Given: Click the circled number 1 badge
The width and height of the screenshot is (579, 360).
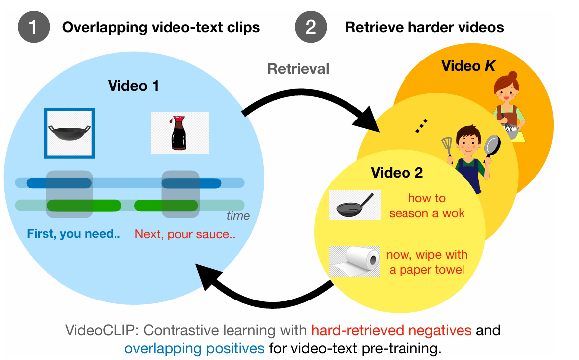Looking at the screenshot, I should (x=33, y=27).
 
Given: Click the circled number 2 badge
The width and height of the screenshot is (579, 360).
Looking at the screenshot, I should (x=311, y=27).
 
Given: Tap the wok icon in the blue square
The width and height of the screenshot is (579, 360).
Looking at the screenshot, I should (x=69, y=133).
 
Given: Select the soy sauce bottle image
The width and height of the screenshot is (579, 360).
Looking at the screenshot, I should (x=180, y=133).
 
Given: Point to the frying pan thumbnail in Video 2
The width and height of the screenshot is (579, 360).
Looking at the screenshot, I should (x=354, y=205).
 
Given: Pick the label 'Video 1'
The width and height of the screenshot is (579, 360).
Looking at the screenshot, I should (x=134, y=86).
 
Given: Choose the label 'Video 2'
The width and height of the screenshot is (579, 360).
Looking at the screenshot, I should (x=397, y=173).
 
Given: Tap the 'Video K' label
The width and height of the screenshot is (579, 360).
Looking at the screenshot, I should (x=468, y=65).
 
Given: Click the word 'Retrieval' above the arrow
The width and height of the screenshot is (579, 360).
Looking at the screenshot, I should (x=298, y=69).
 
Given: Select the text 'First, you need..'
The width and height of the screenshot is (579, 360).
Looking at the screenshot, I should (x=73, y=233).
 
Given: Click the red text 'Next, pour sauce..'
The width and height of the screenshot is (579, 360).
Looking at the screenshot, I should (x=185, y=233).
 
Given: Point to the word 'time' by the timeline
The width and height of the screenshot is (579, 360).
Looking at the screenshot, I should (x=238, y=216).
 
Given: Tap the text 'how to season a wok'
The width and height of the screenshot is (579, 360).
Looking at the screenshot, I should (x=427, y=206).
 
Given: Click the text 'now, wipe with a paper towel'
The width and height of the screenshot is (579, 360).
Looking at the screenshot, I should (x=427, y=262).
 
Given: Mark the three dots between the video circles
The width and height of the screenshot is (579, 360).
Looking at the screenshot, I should (x=421, y=128).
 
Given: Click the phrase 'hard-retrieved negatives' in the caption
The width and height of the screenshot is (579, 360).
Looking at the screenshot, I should (x=392, y=330).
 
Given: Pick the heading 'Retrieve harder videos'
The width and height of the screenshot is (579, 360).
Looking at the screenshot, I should (x=424, y=27).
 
